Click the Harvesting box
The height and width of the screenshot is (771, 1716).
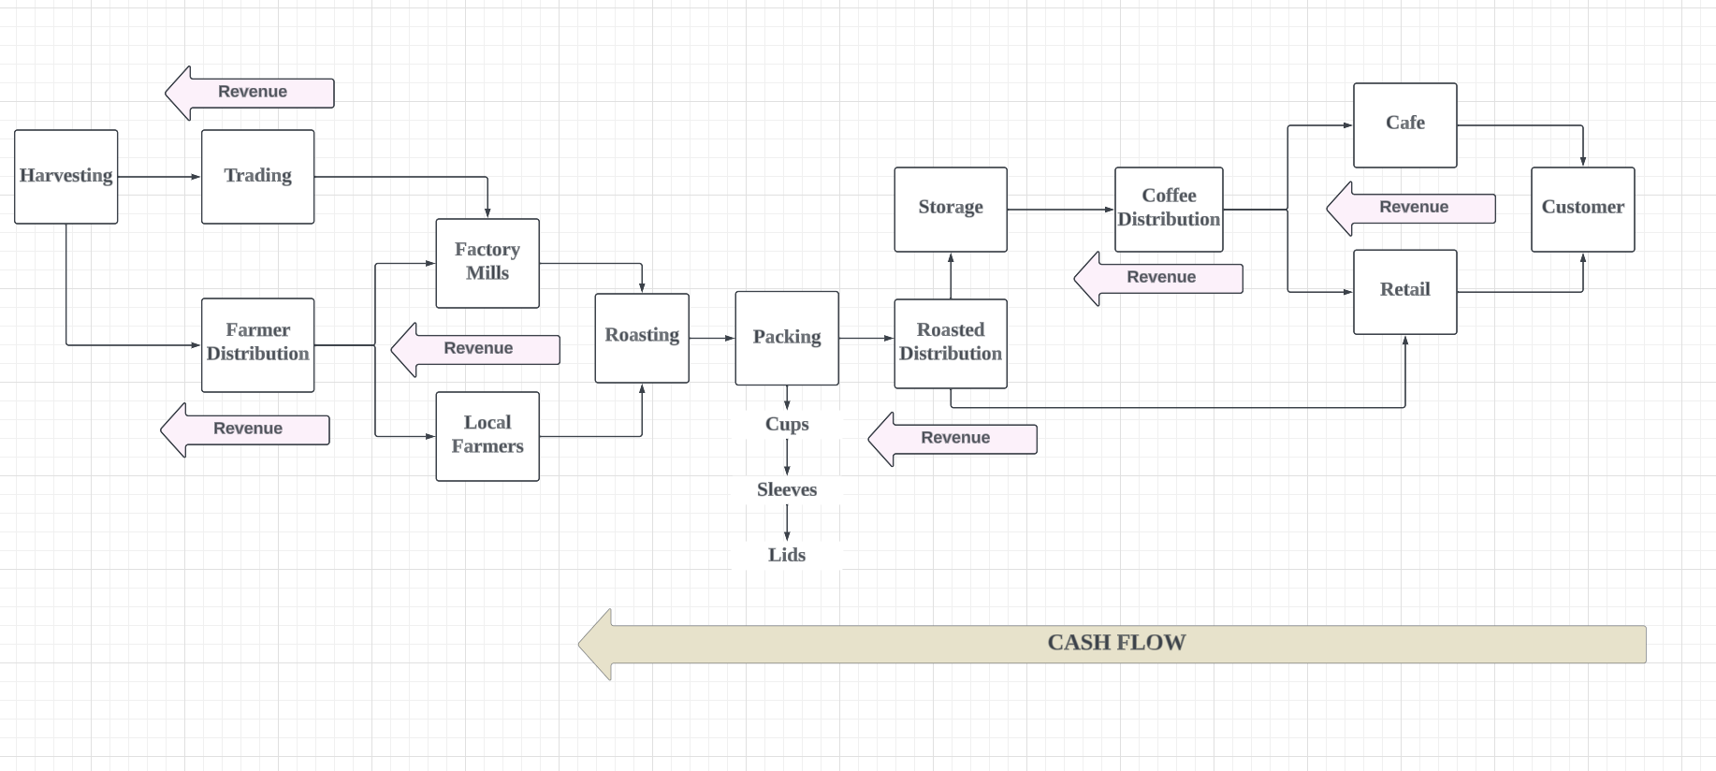[65, 177]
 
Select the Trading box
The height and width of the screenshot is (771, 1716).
[257, 177]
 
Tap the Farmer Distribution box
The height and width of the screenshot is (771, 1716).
[257, 344]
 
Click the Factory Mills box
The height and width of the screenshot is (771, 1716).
[487, 263]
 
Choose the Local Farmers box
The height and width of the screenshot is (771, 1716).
[487, 436]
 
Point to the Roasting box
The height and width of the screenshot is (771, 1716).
[642, 338]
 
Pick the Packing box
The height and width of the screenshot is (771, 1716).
[786, 338]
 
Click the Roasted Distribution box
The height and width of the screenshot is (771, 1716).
[950, 343]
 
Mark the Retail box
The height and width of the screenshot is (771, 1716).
[1404, 291]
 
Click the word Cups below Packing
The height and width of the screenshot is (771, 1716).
[786, 424]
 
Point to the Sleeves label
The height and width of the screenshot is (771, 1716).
[786, 489]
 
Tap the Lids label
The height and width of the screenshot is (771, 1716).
[786, 555]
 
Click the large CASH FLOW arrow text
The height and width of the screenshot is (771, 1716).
[1115, 643]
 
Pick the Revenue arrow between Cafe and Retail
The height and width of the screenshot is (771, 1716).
[1413, 208]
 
